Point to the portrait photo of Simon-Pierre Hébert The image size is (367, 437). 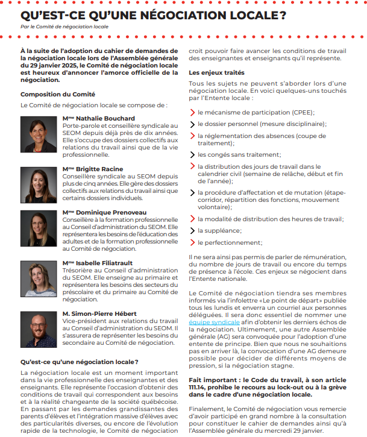39,329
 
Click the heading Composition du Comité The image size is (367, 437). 54,94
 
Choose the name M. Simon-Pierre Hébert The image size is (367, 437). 99,314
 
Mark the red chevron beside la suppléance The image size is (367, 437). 192,230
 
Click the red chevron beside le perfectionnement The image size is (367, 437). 192,242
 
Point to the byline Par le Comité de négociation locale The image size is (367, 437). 64,27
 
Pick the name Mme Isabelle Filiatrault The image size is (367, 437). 99,263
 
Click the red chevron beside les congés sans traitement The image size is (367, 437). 192,154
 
